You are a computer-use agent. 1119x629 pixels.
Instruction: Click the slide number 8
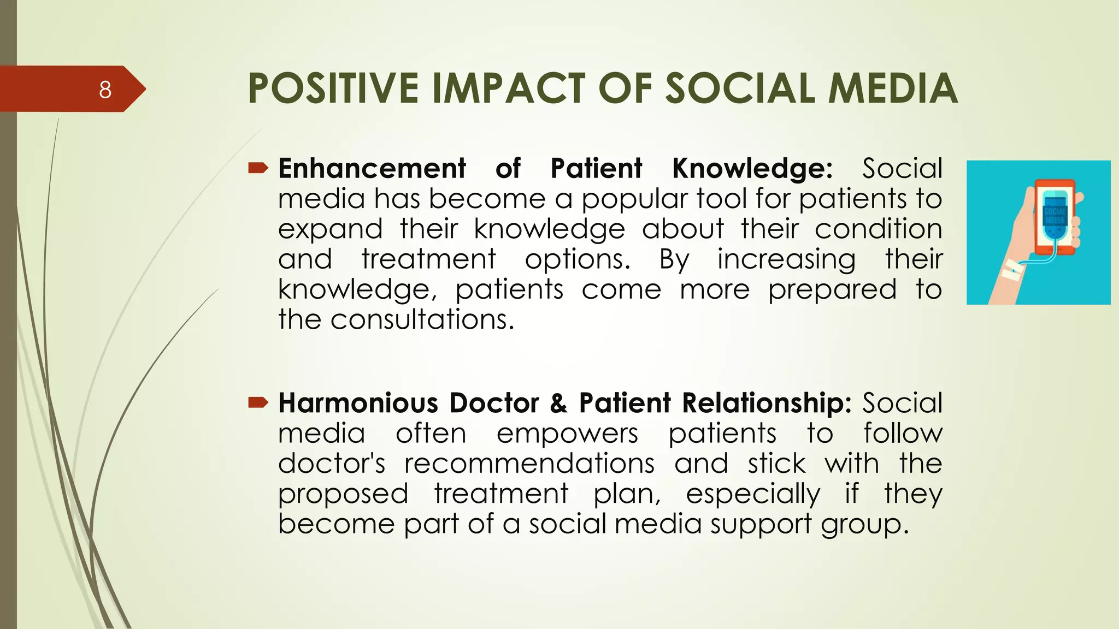point(105,90)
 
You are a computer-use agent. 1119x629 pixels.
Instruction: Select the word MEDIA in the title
point(893,88)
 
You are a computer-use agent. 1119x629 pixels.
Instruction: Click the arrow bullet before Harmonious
point(258,403)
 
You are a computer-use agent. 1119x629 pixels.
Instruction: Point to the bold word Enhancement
point(372,168)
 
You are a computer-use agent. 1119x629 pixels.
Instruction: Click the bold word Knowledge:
point(752,168)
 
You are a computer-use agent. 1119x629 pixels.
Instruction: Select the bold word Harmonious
point(358,403)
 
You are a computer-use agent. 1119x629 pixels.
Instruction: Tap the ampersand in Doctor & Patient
point(558,403)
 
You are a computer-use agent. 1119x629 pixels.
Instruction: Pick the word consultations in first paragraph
point(422,319)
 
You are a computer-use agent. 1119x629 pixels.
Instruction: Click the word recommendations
point(529,464)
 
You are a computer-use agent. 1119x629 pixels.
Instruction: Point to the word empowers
point(567,434)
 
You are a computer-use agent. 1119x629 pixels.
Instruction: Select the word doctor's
point(332,464)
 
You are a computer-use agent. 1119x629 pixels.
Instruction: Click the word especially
point(752,494)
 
